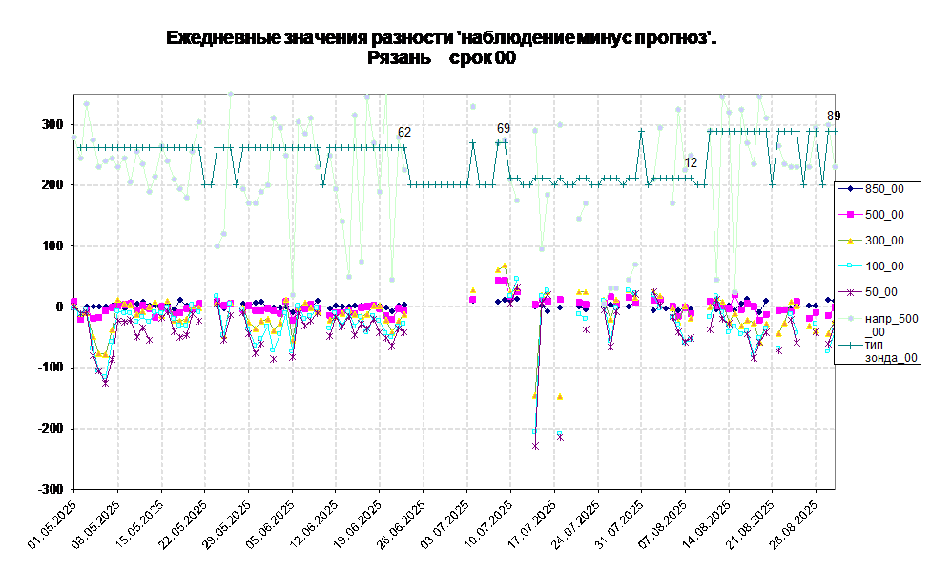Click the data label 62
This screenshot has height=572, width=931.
404,133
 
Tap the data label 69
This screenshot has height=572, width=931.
504,128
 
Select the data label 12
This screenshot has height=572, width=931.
691,163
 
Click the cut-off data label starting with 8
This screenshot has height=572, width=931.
831,116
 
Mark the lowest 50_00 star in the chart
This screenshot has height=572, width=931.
535,446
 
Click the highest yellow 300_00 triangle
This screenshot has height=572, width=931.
505,266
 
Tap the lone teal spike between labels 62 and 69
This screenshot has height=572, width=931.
473,143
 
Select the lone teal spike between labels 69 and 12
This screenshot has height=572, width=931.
641,131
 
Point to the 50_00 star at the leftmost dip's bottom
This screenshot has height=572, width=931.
105,383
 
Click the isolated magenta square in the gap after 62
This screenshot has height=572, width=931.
473,300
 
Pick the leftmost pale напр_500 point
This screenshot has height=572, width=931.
74,138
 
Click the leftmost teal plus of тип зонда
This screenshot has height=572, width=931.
80,148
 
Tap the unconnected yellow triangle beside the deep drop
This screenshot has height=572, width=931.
560,396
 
